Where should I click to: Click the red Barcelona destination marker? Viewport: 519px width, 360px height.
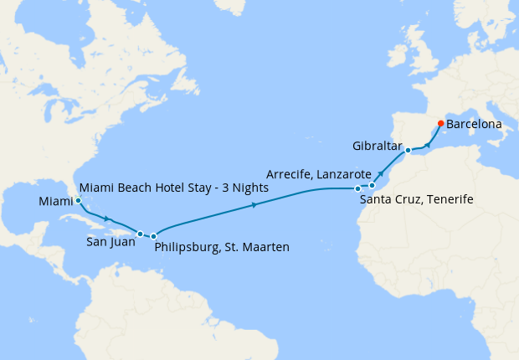441,124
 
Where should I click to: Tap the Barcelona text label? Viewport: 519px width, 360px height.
475,124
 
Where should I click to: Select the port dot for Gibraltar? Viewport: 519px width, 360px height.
408,151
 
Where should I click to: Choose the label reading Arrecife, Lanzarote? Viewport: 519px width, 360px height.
318,174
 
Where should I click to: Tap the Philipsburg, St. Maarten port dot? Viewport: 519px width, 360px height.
154,237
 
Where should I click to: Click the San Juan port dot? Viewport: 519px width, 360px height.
141,234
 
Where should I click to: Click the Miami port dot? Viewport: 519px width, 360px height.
78,201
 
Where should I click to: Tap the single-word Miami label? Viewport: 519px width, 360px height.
55,202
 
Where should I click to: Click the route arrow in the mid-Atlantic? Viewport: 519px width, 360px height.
254,203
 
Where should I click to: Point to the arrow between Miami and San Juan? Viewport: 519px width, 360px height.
107,219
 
